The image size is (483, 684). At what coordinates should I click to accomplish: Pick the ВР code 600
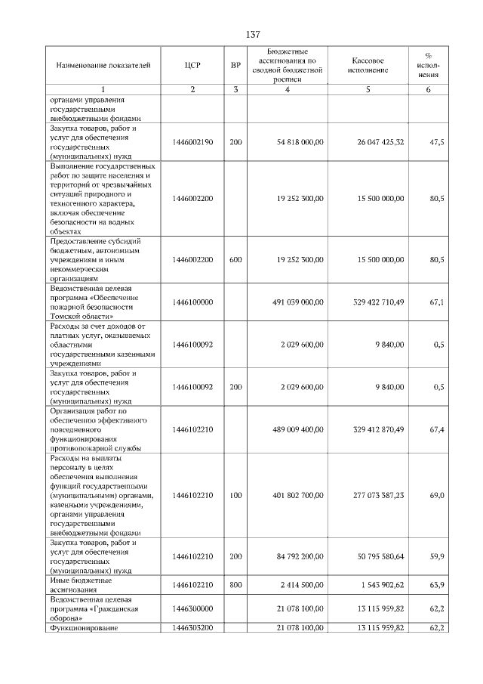pyautogui.click(x=235, y=260)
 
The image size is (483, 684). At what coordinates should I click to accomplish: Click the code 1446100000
pyautogui.click(x=192, y=302)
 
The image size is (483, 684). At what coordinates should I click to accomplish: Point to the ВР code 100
pyautogui.click(x=235, y=496)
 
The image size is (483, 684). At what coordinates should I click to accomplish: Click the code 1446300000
pyautogui.click(x=192, y=608)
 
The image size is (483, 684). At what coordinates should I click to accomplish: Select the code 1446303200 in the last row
pyautogui.click(x=192, y=627)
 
